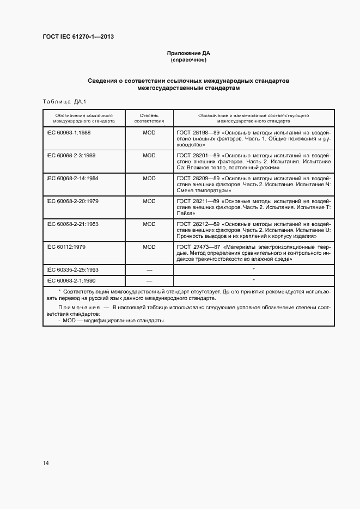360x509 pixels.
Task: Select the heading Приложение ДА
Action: [188, 53]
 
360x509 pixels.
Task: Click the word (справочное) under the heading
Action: [188, 60]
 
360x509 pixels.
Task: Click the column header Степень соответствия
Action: [149, 119]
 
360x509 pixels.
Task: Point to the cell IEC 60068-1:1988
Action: [69, 132]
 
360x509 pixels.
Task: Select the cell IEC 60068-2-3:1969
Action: [71, 155]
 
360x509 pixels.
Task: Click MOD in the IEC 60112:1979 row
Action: [149, 247]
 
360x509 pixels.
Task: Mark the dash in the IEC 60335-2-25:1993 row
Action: [149, 270]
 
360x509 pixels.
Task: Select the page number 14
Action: [46, 463]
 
